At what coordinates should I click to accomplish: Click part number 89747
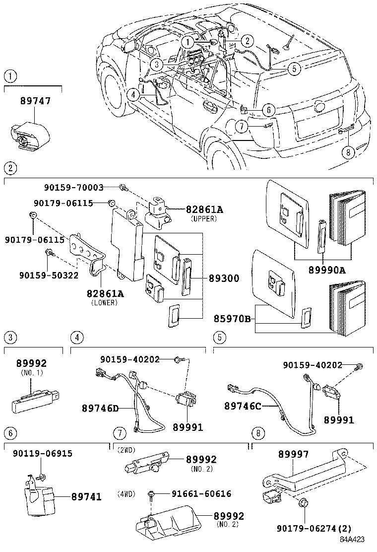(x=35, y=101)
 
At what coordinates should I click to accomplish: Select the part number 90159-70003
(x=73, y=188)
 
